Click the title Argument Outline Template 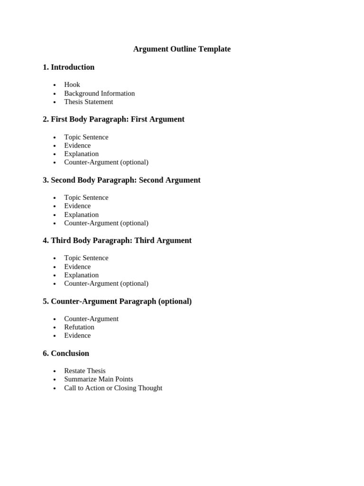[x=182, y=49]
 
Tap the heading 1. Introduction [x=68, y=67]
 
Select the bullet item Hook [x=72, y=84]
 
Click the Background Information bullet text [x=100, y=93]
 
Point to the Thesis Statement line [x=89, y=102]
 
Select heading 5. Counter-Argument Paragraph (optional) [x=117, y=301]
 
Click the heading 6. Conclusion [x=66, y=353]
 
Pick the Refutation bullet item [x=79, y=327]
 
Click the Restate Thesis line [x=85, y=371]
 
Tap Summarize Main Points [x=99, y=379]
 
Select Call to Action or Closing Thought [x=113, y=388]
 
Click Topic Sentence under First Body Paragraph [x=86, y=137]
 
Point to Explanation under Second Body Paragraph [x=82, y=215]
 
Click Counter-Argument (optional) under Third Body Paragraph [x=106, y=283]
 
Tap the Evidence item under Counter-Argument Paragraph [x=77, y=336]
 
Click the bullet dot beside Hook [x=55, y=85]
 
